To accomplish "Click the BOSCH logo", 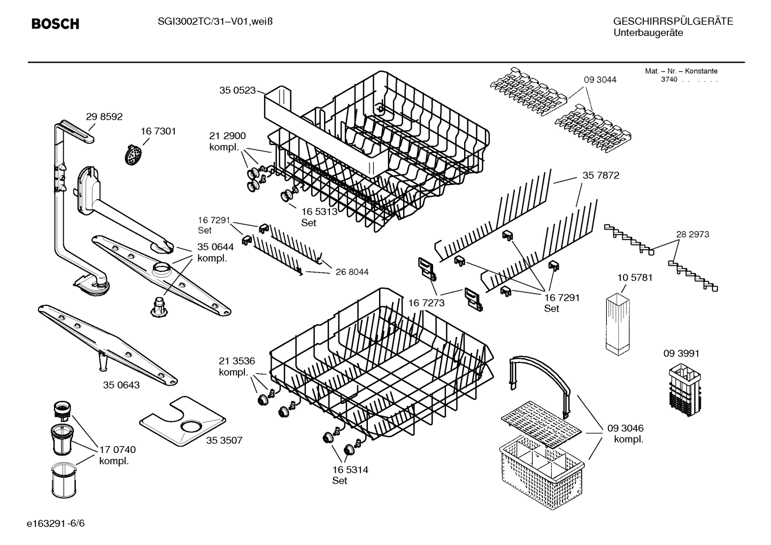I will pyautogui.click(x=55, y=24).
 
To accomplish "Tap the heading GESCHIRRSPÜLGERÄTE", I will pyautogui.click(x=673, y=21).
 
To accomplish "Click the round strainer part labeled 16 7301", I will pyautogui.click(x=134, y=156).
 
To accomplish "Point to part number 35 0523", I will pyautogui.click(x=237, y=90).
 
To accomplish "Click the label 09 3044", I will pyautogui.click(x=599, y=80).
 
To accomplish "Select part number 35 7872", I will pyautogui.click(x=600, y=175).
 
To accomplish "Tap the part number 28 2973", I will pyautogui.click(x=692, y=234).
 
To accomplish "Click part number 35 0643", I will pyautogui.click(x=121, y=385).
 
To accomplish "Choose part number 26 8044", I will pyautogui.click(x=352, y=272).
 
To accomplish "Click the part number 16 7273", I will pyautogui.click(x=426, y=303).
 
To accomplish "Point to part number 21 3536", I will pyautogui.click(x=236, y=361).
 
